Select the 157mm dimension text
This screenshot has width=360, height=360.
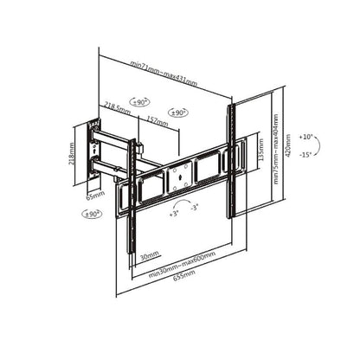click(x=157, y=119)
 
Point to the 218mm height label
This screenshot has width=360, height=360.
click(x=73, y=154)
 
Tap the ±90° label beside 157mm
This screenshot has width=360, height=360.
click(x=179, y=112)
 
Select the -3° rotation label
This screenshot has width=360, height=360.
click(x=195, y=208)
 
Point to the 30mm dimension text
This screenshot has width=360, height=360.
click(x=151, y=254)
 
